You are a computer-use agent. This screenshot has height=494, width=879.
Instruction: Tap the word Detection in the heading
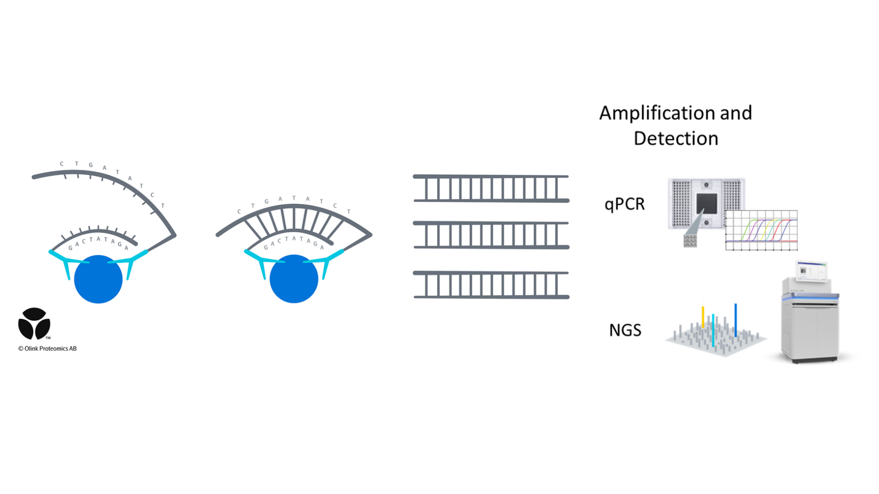(x=676, y=139)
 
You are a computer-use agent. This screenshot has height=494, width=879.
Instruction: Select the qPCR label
(x=624, y=204)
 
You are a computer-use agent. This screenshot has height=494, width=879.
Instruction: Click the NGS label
(x=625, y=330)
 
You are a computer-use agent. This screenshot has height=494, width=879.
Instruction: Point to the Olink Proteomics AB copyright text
(x=48, y=348)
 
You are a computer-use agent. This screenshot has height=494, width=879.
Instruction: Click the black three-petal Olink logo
(x=34, y=324)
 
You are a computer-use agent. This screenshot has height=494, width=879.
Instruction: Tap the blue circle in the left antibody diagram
(x=98, y=279)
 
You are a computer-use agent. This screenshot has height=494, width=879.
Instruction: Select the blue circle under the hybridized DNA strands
(x=293, y=279)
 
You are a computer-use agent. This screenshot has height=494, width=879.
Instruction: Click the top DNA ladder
(x=491, y=188)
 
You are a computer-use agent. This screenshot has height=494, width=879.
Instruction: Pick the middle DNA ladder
(x=491, y=235)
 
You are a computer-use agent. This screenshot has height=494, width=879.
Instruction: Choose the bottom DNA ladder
(x=491, y=285)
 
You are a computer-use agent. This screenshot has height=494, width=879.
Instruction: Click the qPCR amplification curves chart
(x=761, y=230)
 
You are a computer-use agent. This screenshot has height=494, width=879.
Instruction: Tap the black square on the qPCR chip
(x=706, y=203)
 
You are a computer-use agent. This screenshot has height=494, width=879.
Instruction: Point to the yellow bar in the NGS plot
(x=703, y=317)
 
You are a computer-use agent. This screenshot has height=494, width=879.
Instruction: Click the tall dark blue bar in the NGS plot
(x=735, y=320)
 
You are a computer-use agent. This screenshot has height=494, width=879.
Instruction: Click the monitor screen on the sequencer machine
(x=811, y=271)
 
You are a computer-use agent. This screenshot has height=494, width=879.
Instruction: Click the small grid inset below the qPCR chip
(x=690, y=240)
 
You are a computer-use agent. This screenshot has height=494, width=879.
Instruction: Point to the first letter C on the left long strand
(x=62, y=164)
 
